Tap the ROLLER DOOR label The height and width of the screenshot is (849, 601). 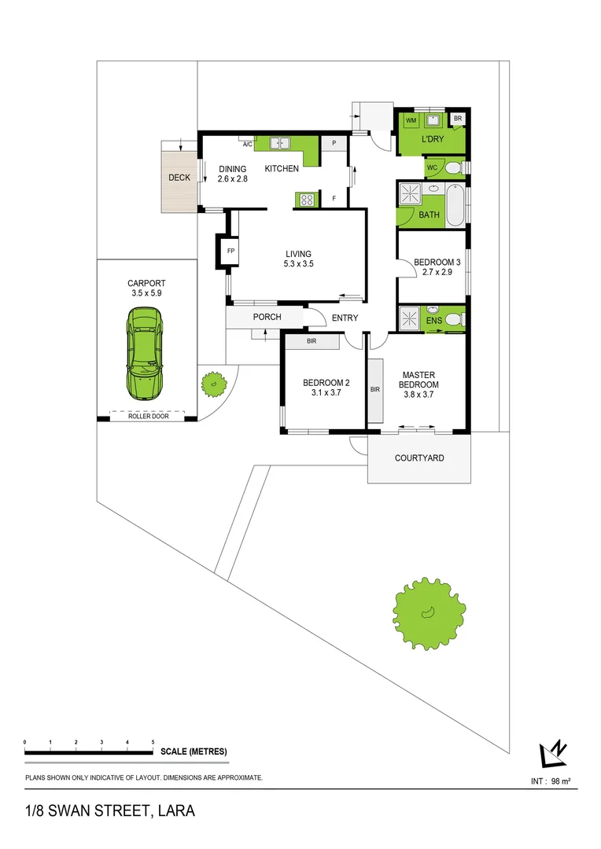[x=149, y=417]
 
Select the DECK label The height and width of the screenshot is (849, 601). [x=179, y=178]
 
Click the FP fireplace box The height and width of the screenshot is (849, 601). [x=230, y=251]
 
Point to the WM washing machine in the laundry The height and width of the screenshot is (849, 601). [x=411, y=120]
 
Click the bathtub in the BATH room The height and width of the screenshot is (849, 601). [x=455, y=205]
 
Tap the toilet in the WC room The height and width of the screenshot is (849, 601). [x=452, y=167]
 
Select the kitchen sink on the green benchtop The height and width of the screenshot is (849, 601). [x=280, y=144]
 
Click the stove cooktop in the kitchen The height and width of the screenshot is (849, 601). [x=304, y=200]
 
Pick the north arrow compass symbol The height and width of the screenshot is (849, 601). [x=553, y=754]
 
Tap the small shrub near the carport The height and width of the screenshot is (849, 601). [x=212, y=384]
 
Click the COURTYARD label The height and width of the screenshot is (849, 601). [x=419, y=458]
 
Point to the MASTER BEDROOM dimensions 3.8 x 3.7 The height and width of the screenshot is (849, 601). [x=418, y=395]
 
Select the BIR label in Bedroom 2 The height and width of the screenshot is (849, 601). [x=312, y=341]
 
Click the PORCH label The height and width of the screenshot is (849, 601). [x=267, y=317]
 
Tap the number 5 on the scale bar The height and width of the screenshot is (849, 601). [x=153, y=742]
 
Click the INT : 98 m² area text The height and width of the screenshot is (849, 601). [x=551, y=781]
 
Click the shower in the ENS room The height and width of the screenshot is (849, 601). [x=411, y=318]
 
